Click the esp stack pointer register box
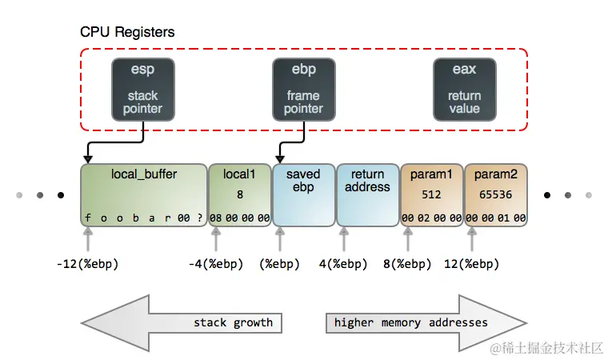(144, 89)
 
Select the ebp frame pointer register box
(303, 89)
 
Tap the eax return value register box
(464, 89)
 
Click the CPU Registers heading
(127, 33)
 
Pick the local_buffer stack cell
(143, 195)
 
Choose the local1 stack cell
(239, 195)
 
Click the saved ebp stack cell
(303, 195)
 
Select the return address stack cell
(367, 195)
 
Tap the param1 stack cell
(431, 195)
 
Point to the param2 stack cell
(495, 195)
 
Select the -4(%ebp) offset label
(215, 263)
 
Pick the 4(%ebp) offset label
(342, 263)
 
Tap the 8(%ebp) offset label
(406, 263)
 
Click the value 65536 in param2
(495, 194)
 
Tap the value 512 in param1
(431, 194)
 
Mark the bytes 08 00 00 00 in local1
(239, 218)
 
